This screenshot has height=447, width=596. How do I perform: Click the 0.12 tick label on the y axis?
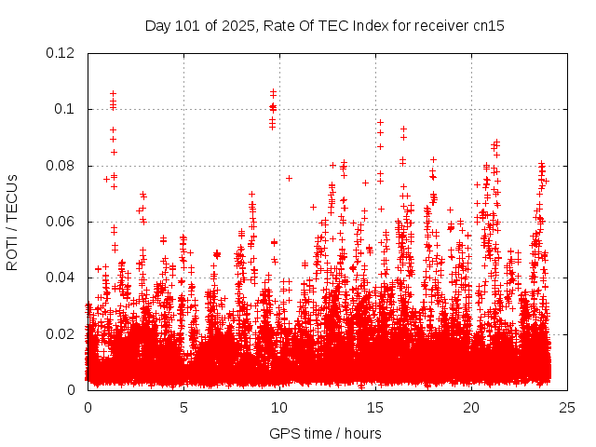tap(61, 53)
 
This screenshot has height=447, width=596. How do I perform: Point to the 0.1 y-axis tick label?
tap(65, 109)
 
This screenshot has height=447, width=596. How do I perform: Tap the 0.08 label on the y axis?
tap(61, 166)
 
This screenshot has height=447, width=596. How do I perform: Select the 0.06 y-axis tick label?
tap(61, 222)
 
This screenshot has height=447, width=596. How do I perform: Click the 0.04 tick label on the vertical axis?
tap(61, 278)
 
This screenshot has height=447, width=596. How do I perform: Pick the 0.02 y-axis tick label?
tap(61, 333)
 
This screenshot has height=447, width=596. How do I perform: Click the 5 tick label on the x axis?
tap(183, 407)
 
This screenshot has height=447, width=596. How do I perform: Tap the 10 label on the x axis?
tap(279, 407)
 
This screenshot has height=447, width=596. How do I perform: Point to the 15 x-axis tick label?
tap(375, 407)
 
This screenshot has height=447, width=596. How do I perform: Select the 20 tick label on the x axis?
tap(471, 407)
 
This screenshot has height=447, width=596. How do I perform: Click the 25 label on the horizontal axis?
tap(567, 407)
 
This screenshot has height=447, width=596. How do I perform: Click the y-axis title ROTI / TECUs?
tap(12, 222)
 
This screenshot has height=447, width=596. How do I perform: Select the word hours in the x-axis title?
tap(360, 433)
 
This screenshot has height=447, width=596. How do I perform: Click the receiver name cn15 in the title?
tap(488, 25)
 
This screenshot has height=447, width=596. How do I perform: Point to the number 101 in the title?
tap(190, 25)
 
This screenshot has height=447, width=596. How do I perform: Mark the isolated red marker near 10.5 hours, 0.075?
tap(289, 178)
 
